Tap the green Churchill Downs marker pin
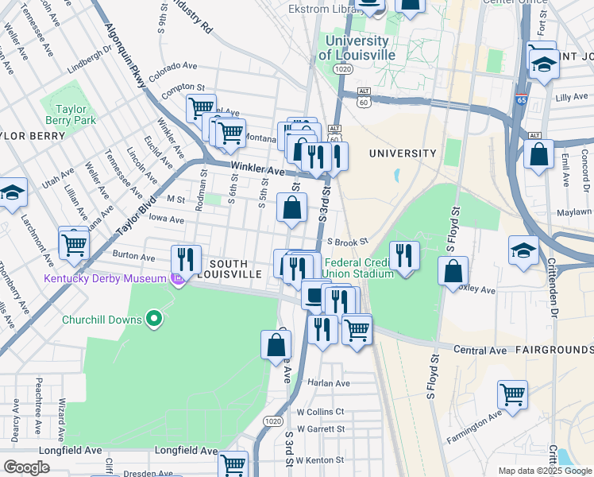point(156,320)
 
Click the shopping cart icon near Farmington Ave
point(512,394)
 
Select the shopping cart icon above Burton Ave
point(73,243)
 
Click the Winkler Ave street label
point(256,169)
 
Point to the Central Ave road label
point(480,350)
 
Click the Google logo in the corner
point(27,467)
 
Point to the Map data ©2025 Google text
point(543,470)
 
